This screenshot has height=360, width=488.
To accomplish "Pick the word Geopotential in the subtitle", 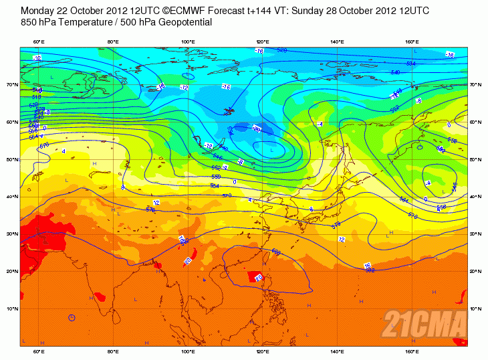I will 182,22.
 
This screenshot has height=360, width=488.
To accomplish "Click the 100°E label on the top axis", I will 189,42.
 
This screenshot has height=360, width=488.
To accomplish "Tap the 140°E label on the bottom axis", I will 338,351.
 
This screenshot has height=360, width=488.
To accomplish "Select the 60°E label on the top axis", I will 39,42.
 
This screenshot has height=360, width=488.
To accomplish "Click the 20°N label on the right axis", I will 475,272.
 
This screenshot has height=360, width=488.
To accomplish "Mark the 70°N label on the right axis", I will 475,85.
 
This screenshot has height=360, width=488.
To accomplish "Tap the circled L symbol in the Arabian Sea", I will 72,317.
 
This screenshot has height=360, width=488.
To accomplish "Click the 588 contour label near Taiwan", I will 275,252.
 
